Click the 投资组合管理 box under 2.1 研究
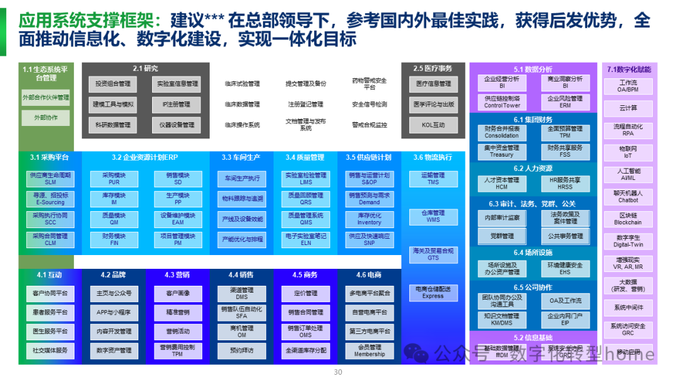pos(113,83)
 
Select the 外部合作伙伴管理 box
pos(46,98)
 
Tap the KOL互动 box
pos(433,125)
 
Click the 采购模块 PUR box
pos(114,179)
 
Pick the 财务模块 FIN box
pos(114,239)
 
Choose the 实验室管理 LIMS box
pos(305,179)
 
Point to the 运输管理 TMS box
pos(433,179)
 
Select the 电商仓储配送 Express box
pos(433,293)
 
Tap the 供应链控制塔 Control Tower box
pos(502,102)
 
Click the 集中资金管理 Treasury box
pos(502,151)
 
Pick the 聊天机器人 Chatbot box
pos(628,197)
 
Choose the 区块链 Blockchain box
pos(628,219)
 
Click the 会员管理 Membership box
pos(369,350)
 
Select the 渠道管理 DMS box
pos(242,293)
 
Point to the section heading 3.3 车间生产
pos(241,157)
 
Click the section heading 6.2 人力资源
pos(533,169)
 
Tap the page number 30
pos(338,372)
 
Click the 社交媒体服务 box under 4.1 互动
pos(50,350)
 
